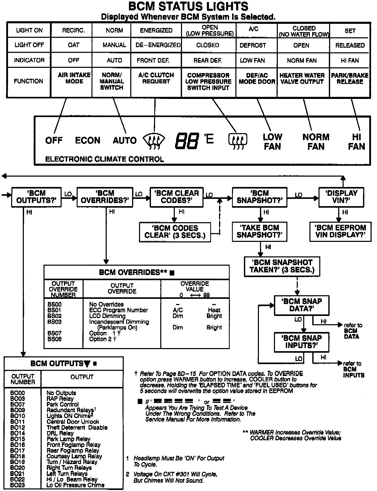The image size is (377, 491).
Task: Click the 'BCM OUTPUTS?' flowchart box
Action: [x=36, y=197]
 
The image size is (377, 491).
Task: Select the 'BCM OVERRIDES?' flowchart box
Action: [x=105, y=197]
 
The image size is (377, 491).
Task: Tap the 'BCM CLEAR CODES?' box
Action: [x=177, y=197]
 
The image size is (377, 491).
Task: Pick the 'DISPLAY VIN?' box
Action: [x=341, y=197]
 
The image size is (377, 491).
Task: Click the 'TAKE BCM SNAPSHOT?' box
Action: [x=259, y=232]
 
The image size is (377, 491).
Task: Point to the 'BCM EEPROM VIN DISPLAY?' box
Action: [x=340, y=232]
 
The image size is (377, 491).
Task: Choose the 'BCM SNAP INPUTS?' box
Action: [x=301, y=342]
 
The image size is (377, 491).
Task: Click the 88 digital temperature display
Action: [x=187, y=141]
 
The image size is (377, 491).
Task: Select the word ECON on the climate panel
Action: [x=88, y=141]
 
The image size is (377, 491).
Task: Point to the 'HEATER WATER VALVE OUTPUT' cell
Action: [x=302, y=78]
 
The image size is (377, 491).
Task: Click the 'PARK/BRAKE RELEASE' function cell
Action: [x=350, y=78]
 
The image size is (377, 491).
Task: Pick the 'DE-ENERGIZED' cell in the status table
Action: [x=158, y=45]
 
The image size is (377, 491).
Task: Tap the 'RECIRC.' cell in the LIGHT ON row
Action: [x=73, y=31]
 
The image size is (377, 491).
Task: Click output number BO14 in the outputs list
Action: [x=18, y=433]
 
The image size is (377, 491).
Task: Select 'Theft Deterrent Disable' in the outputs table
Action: [x=77, y=428]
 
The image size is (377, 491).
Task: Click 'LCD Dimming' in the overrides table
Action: [x=107, y=316]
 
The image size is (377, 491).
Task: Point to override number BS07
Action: [x=54, y=333]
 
